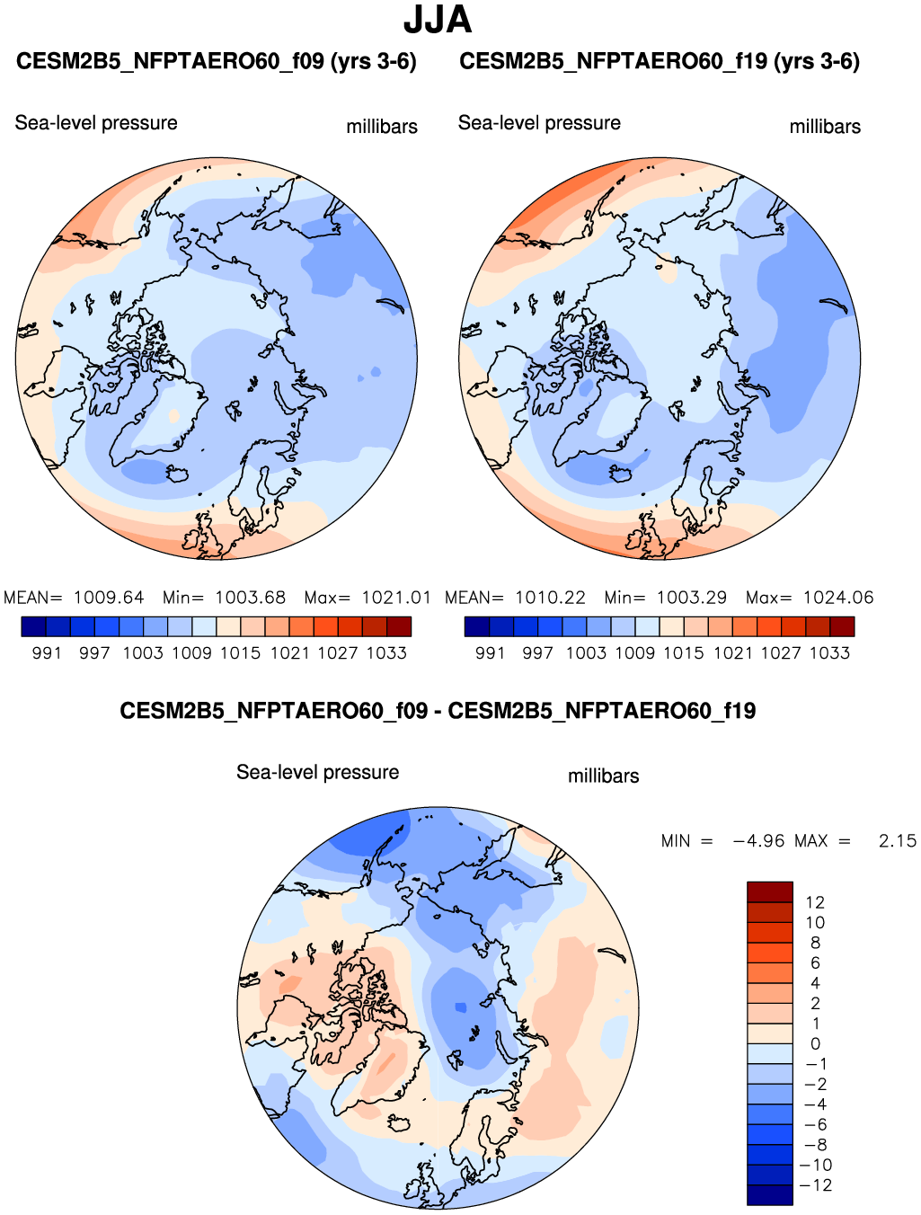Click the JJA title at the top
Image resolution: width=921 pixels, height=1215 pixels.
tap(438, 20)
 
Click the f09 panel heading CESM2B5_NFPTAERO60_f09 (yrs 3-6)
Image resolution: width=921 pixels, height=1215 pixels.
tap(217, 62)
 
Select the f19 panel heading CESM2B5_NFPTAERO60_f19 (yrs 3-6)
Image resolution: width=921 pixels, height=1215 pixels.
tap(660, 62)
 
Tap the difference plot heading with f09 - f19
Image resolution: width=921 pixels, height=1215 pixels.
tap(438, 711)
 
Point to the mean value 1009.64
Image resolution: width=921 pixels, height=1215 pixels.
tap(109, 598)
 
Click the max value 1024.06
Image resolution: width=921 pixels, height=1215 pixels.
tap(838, 598)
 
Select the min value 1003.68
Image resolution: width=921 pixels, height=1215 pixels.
tap(250, 598)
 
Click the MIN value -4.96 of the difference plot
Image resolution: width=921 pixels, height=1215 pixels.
tap(759, 841)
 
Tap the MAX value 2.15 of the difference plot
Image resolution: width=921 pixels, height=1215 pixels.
tap(897, 841)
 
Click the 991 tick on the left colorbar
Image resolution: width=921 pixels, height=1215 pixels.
tap(47, 653)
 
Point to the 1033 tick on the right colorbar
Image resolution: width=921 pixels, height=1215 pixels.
tap(829, 653)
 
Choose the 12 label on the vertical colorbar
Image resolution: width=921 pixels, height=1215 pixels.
tap(815, 902)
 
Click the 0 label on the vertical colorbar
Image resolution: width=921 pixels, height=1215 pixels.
tap(815, 1044)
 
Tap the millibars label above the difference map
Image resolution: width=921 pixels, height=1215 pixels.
tap(603, 776)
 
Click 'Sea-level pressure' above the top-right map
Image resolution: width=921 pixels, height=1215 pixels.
tap(539, 123)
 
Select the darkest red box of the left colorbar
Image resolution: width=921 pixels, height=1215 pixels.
tap(399, 626)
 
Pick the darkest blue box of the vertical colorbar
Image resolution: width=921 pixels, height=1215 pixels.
tap(770, 1195)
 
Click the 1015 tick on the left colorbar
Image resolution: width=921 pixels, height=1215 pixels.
tap(241, 653)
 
